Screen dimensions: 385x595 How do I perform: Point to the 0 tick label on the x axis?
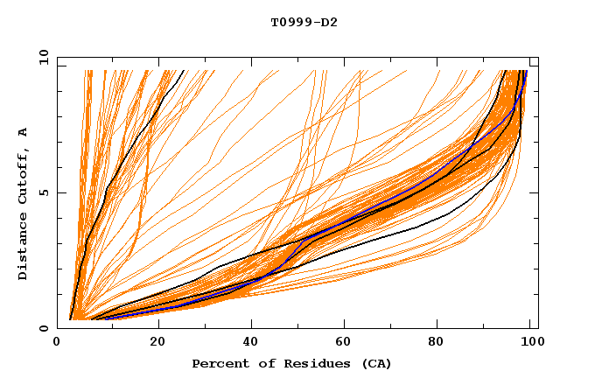(x=57, y=342)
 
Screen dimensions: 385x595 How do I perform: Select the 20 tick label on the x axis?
(x=157, y=342)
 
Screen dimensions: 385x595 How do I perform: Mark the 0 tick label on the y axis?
(x=43, y=328)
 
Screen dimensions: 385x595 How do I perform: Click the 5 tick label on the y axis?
(x=43, y=192)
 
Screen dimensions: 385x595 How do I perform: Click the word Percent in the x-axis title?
(x=218, y=363)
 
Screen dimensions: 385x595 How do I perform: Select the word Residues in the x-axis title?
(x=308, y=363)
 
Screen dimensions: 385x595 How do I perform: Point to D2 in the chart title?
(x=327, y=22)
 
